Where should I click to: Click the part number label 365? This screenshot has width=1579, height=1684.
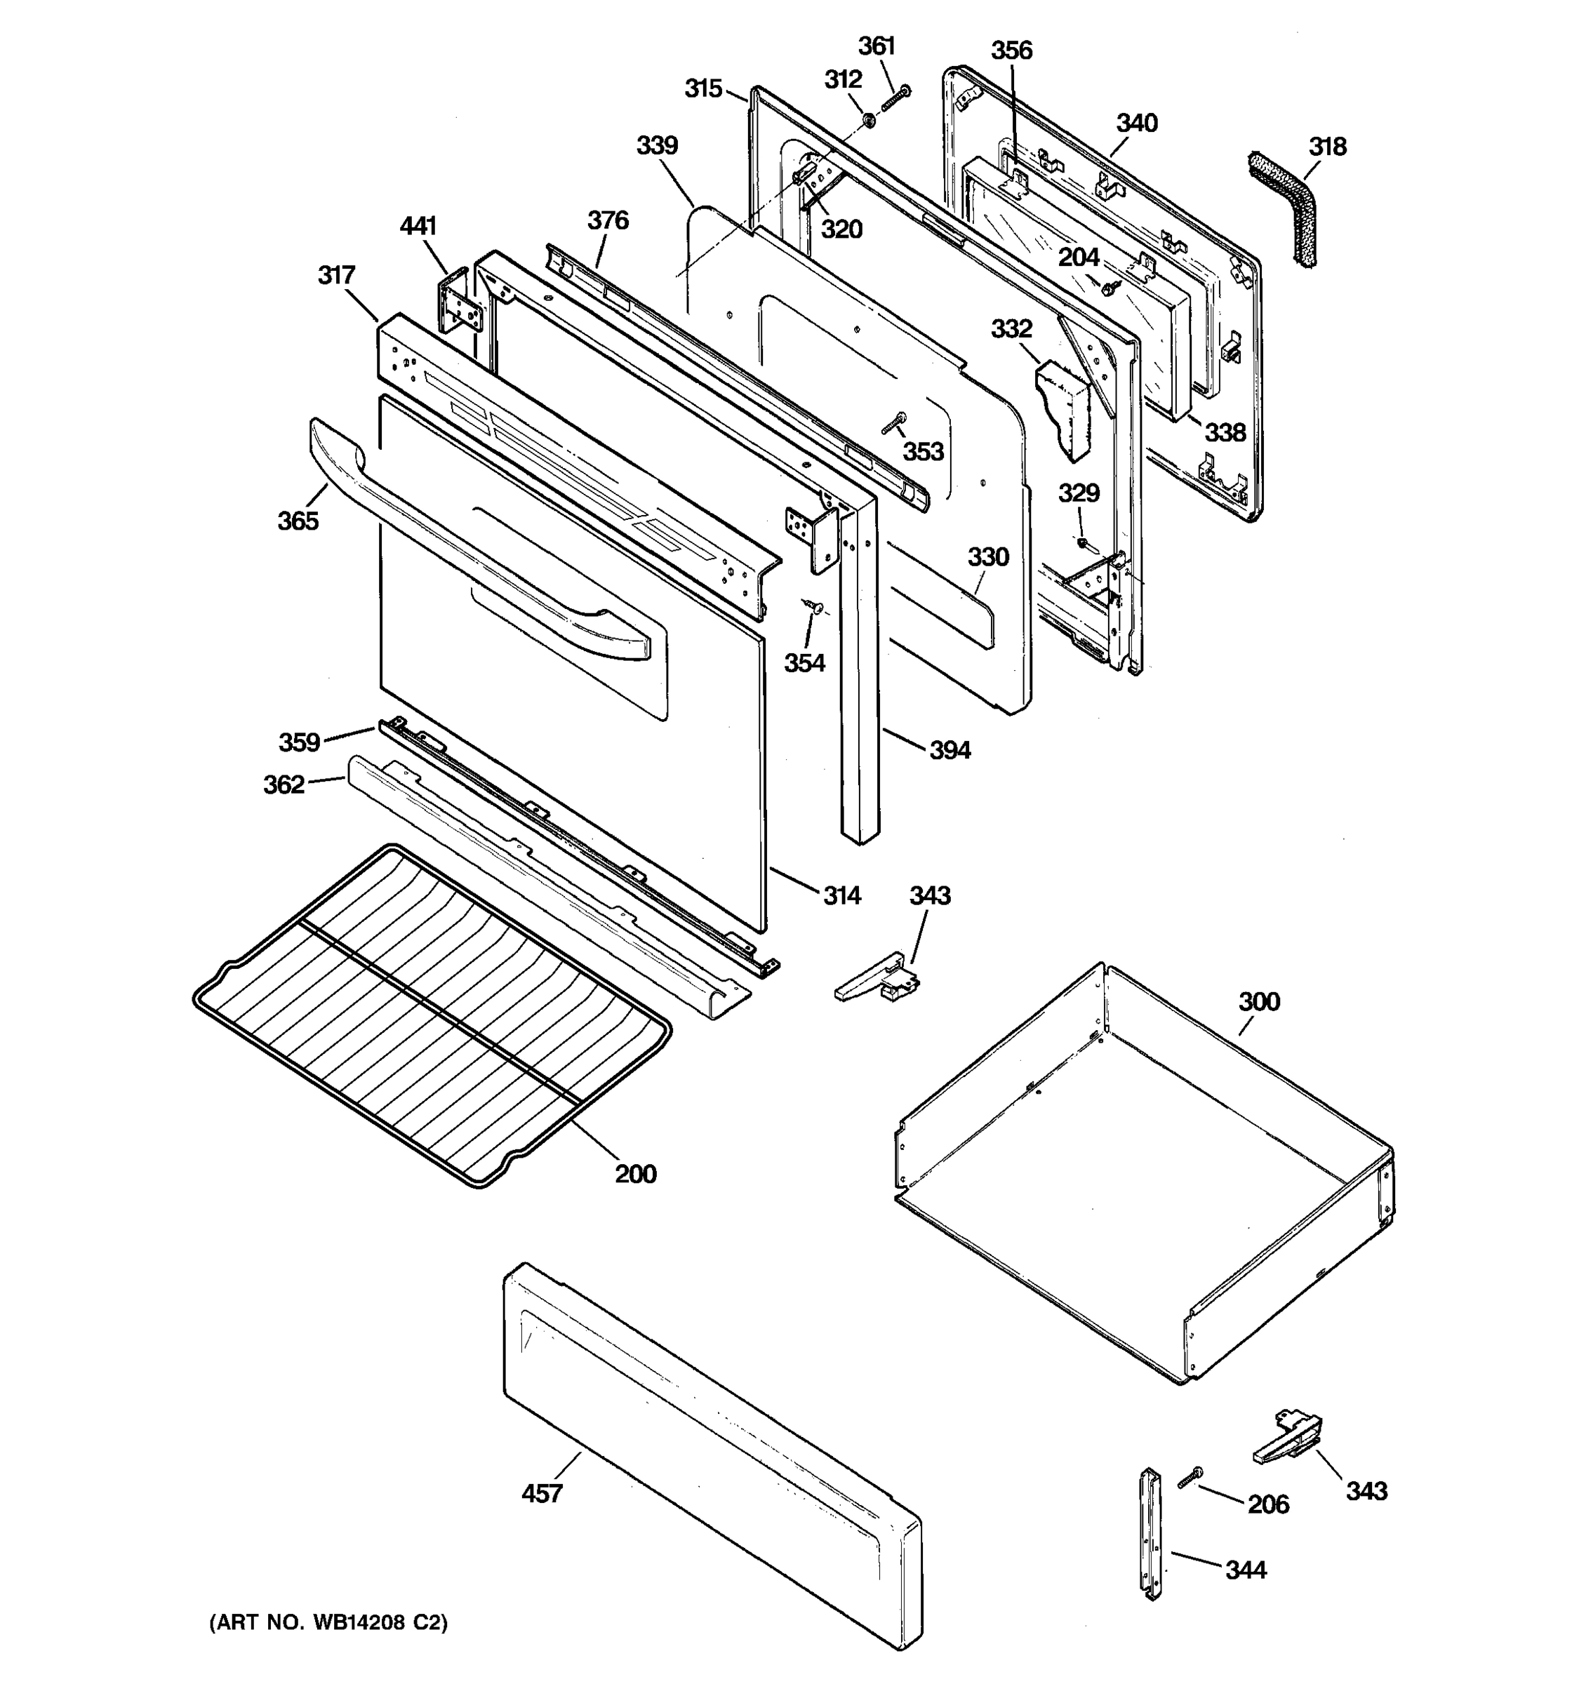pos(298,521)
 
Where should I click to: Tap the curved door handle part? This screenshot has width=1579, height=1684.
pos(474,542)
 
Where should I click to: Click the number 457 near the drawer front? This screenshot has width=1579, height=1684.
pos(541,1493)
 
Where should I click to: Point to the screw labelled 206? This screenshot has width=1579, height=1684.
pos(1190,1477)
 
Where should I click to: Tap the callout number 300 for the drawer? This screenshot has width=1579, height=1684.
pos(1259,1002)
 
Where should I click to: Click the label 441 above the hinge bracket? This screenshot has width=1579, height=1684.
pos(418,226)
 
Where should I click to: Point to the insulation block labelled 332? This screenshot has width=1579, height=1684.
pos(1063,406)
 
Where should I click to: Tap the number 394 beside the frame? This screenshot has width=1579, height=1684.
pos(950,749)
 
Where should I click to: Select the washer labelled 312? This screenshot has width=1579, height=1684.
pos(868,120)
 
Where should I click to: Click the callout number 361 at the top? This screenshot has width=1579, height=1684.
pos(876,46)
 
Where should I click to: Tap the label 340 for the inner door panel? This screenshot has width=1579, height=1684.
pos(1136,123)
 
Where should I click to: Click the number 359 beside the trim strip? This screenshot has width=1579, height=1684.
pos(299,743)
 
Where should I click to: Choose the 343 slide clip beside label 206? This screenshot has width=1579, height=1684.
pos(1288,1438)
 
